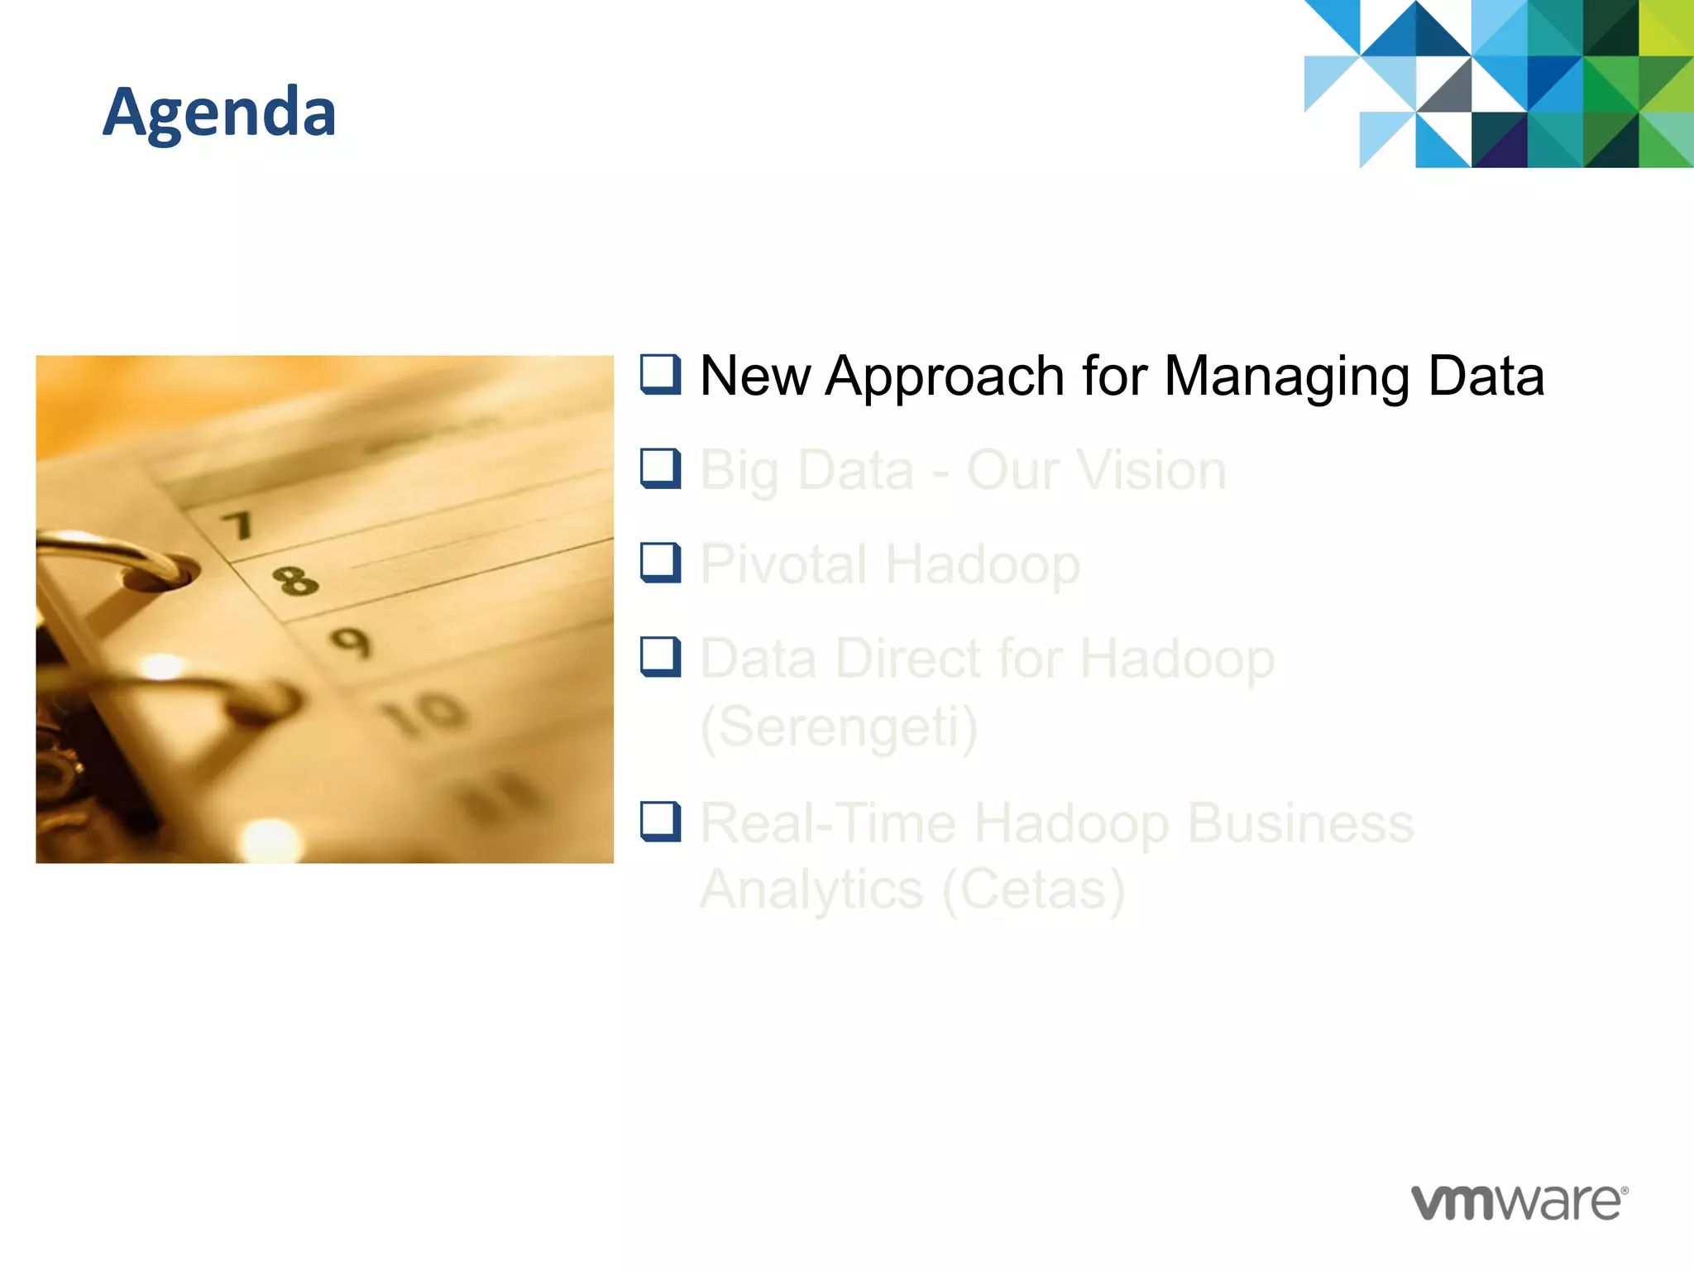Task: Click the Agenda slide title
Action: click(x=219, y=112)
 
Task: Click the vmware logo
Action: click(x=1519, y=1202)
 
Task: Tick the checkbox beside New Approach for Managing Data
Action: click(x=660, y=374)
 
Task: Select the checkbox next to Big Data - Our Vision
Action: click(x=660, y=468)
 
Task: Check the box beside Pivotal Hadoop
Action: click(x=660, y=563)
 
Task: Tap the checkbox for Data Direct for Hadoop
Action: click(x=660, y=657)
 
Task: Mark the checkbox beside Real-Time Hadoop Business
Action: click(x=660, y=822)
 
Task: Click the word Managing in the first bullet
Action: click(x=1287, y=377)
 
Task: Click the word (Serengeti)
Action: click(x=839, y=727)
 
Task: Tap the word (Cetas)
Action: click(x=1033, y=890)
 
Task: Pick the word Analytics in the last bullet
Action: click(x=811, y=890)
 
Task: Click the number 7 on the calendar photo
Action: click(x=238, y=525)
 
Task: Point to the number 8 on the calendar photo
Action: click(x=294, y=581)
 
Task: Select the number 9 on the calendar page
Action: click(x=351, y=643)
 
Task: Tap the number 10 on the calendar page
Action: click(x=424, y=712)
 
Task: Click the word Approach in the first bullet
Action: click(x=945, y=377)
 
